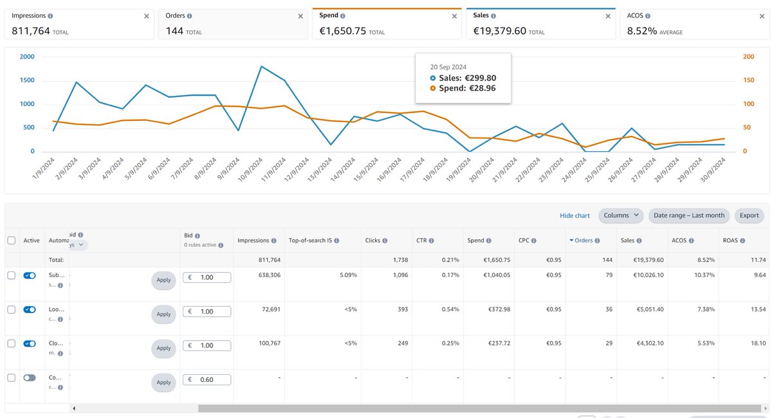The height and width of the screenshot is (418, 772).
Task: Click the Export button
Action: (x=749, y=215)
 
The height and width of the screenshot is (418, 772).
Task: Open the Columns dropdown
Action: (x=620, y=215)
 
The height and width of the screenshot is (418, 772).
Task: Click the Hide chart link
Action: (x=574, y=215)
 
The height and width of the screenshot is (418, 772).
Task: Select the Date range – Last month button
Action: (x=689, y=215)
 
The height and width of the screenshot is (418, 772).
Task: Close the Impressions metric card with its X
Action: (x=146, y=16)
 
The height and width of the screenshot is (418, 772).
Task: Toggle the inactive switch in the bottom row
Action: (x=30, y=378)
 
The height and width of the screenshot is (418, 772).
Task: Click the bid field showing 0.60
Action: (x=207, y=379)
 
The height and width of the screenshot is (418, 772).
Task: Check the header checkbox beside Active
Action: (x=11, y=241)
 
